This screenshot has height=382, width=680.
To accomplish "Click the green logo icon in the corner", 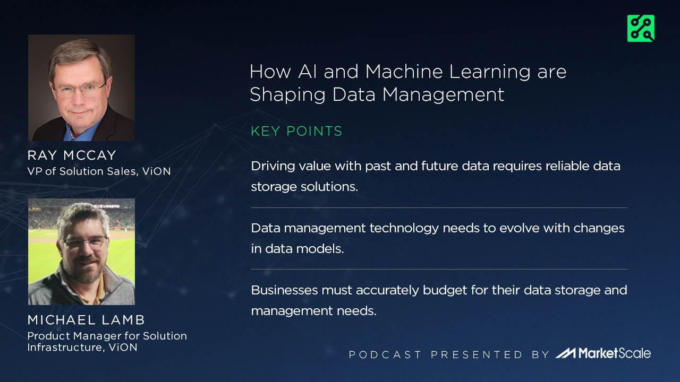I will [640, 28].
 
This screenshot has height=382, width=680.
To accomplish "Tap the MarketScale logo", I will [603, 353].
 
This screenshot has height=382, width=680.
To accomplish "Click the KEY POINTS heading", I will [296, 131].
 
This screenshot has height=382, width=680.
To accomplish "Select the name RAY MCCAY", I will [72, 155].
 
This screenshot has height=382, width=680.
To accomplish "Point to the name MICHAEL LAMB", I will [86, 320].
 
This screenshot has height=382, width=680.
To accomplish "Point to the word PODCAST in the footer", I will [385, 354].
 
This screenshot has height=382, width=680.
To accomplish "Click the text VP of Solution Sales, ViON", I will [99, 171].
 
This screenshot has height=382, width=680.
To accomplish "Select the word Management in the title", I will [443, 94].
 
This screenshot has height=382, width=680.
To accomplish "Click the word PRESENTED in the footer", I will [477, 354].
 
